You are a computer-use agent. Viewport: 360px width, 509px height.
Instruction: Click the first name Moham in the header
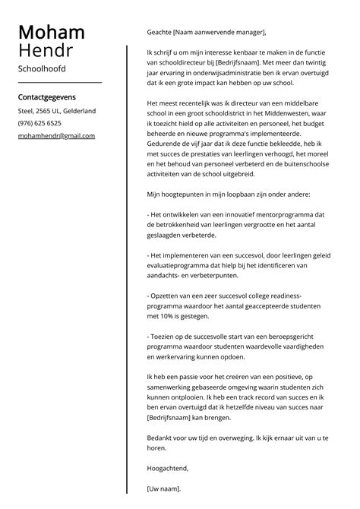pos(51,33)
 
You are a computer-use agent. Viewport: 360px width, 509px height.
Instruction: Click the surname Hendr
pos(45,52)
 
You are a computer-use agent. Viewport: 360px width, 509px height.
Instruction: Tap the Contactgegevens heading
pos(46,97)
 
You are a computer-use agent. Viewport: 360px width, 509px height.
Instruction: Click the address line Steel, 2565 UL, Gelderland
pos(56,111)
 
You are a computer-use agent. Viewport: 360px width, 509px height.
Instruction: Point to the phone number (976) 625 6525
pos(39,123)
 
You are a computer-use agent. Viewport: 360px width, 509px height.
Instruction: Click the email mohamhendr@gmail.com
pos(56,136)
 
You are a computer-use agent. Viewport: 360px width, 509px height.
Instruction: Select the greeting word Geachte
pos(159,33)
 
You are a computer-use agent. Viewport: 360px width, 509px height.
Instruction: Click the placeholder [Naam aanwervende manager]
pos(219,33)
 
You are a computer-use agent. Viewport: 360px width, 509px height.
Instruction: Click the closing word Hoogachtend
pos(167,469)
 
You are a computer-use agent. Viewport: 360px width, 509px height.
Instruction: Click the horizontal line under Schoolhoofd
pos(59,82)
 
